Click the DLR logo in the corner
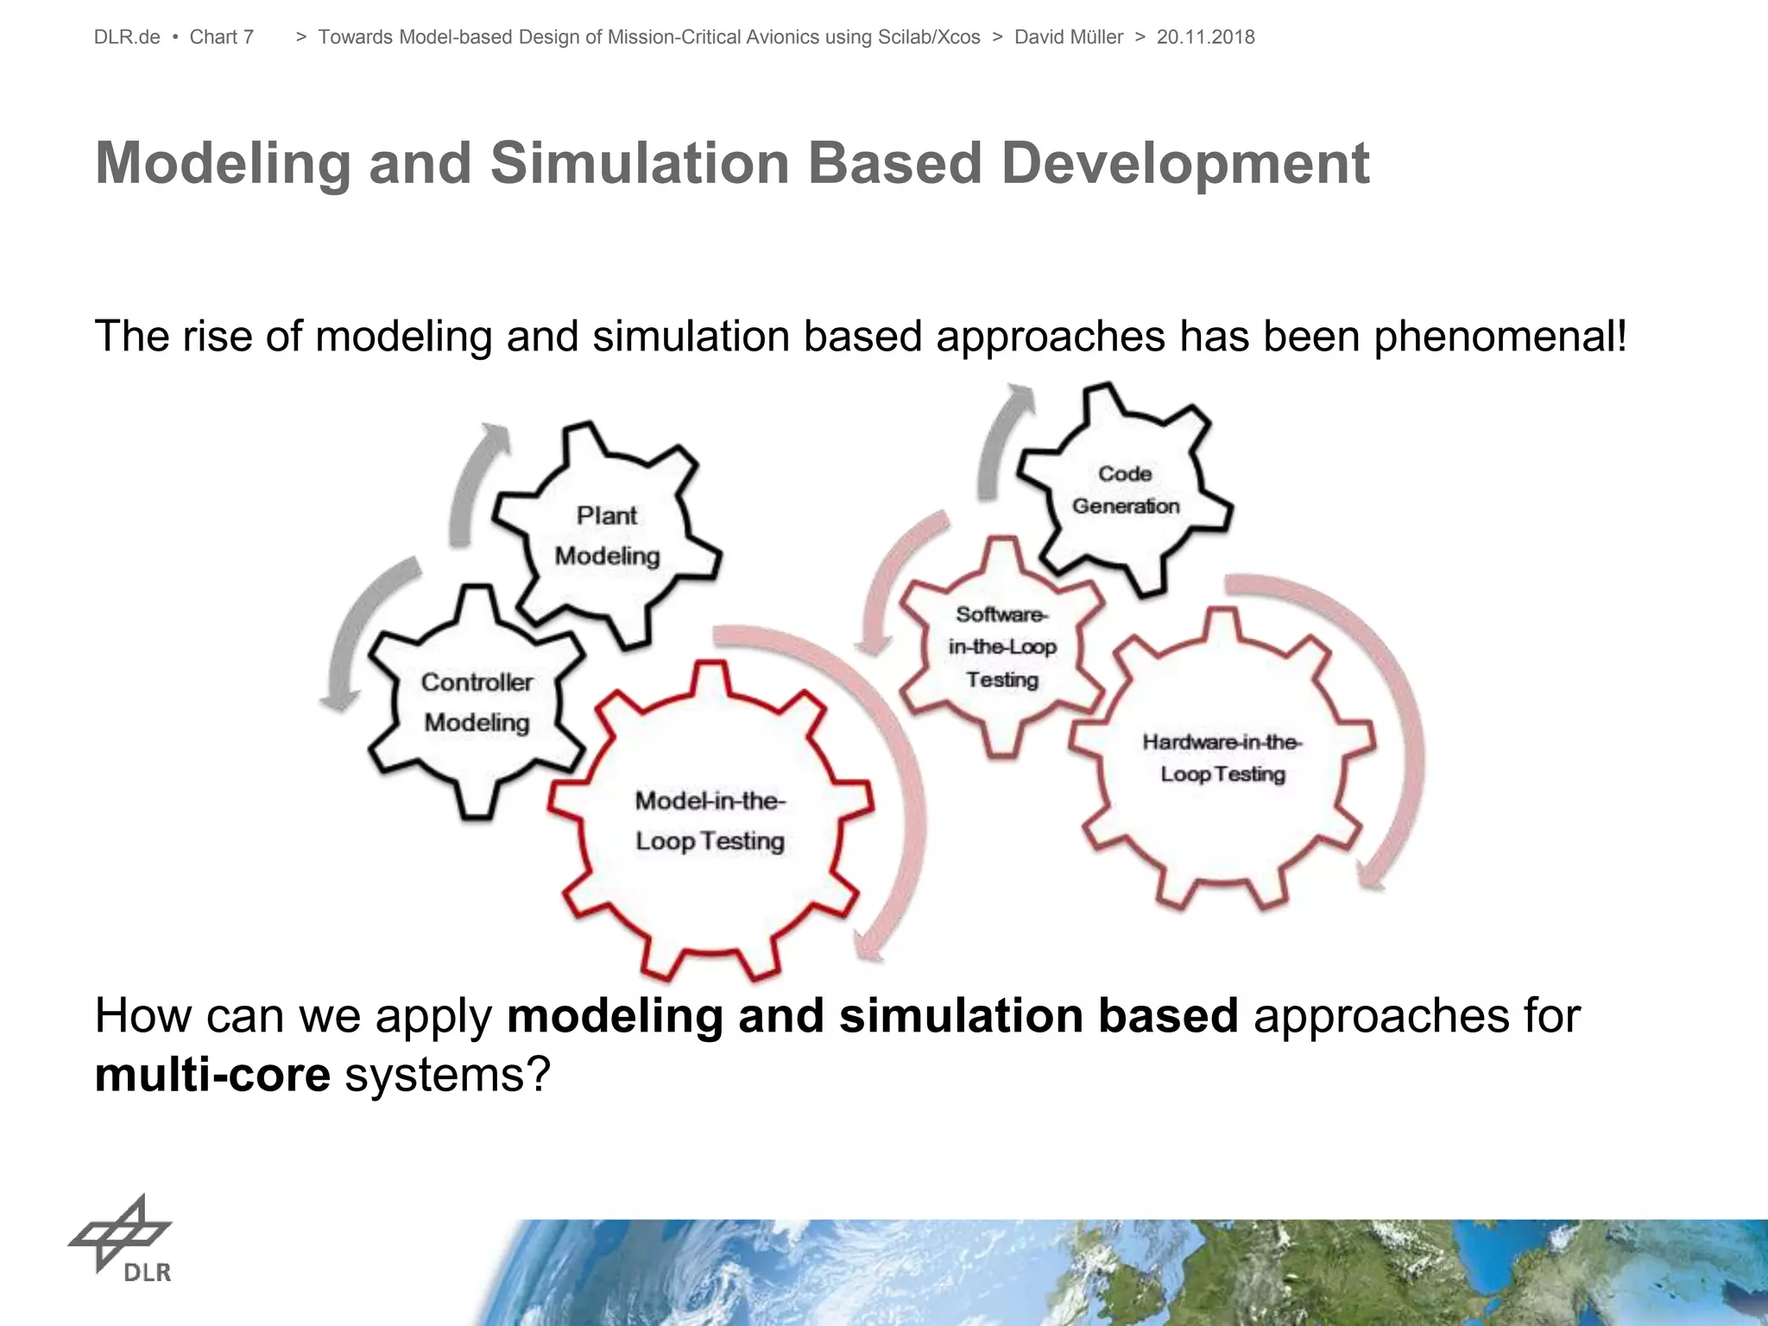click(122, 1238)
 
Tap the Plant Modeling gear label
click(607, 535)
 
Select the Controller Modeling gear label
click(477, 702)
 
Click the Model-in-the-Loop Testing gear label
click(710, 820)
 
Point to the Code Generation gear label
click(1125, 489)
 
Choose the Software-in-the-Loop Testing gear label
click(1001, 647)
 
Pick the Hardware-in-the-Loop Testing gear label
click(1222, 757)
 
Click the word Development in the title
click(1184, 163)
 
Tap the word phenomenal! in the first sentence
click(1500, 336)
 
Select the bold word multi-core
click(212, 1075)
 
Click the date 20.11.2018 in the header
click(1205, 37)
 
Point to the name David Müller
click(1068, 37)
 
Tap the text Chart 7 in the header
click(221, 37)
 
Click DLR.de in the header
click(127, 37)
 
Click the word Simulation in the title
click(640, 163)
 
